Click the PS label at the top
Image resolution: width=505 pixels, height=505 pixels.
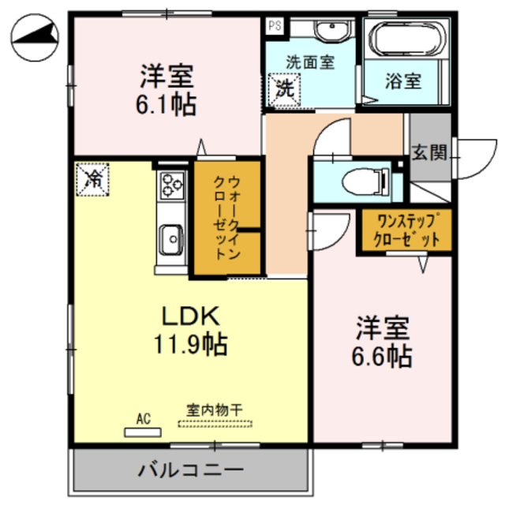coord(274,25)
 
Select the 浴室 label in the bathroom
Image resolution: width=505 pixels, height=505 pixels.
coord(402,80)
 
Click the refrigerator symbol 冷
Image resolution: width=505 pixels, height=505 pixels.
coord(93,178)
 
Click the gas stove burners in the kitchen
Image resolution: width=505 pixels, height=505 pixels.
coord(172,185)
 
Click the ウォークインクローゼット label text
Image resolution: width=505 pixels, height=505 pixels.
coord(227,220)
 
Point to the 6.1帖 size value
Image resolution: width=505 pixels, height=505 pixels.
coord(168,104)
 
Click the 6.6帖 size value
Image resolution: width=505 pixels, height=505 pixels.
coord(383,355)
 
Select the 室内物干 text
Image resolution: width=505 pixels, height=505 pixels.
coord(215,410)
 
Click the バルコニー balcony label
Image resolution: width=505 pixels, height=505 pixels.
coord(191,471)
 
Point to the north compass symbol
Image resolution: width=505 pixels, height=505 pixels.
coord(36,40)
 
